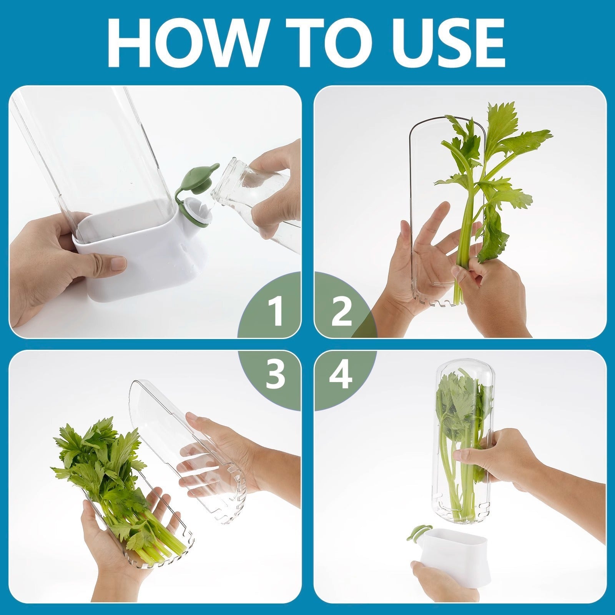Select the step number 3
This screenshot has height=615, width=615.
tap(276, 375)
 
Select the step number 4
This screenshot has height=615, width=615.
tap(341, 375)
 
